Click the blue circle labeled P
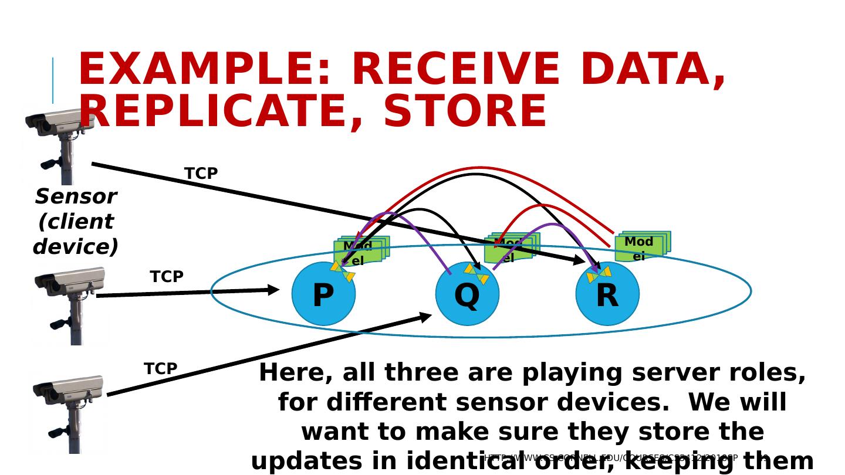pyautogui.click(x=323, y=294)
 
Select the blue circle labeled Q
pyautogui.click(x=467, y=294)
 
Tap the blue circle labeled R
pyautogui.click(x=607, y=294)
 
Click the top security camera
pyautogui.click(x=59, y=144)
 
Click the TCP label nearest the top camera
pyautogui.click(x=201, y=174)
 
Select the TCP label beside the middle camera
pyautogui.click(x=167, y=277)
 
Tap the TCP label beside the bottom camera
pyautogui.click(x=160, y=369)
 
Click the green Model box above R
pyautogui.click(x=642, y=246)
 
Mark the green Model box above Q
pyautogui.click(x=511, y=249)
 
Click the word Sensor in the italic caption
pyautogui.click(x=76, y=196)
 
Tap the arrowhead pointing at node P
pyautogui.click(x=273, y=290)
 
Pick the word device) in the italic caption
pyautogui.click(x=76, y=247)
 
